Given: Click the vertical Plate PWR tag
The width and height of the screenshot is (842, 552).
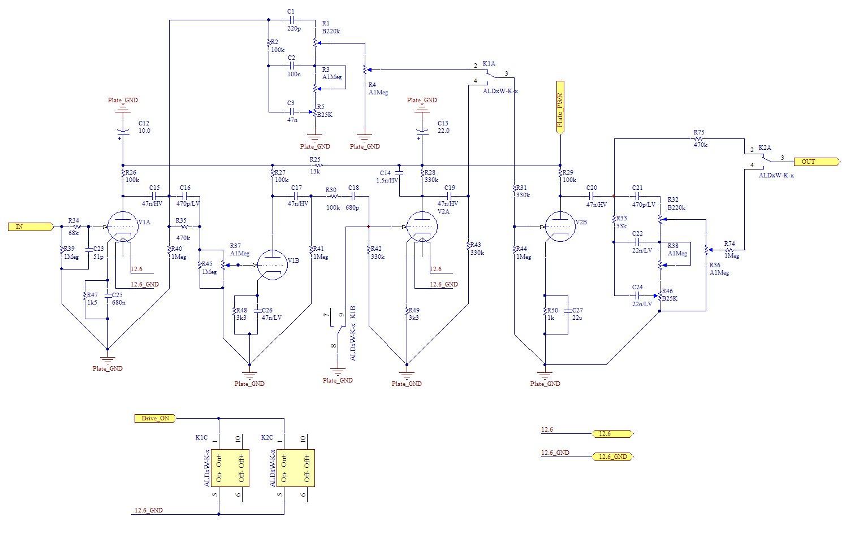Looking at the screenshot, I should pyautogui.click(x=560, y=107).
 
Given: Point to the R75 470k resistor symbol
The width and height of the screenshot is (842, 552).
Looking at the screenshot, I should pyautogui.click(x=700, y=138).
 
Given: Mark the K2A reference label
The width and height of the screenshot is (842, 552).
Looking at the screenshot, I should pyautogui.click(x=765, y=147).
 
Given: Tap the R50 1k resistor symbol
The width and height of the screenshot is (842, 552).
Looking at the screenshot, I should pyautogui.click(x=545, y=314).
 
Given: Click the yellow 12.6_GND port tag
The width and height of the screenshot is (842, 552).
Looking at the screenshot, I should pyautogui.click(x=612, y=457).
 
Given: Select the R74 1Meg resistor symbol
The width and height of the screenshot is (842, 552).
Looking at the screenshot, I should pyautogui.click(x=731, y=249).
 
